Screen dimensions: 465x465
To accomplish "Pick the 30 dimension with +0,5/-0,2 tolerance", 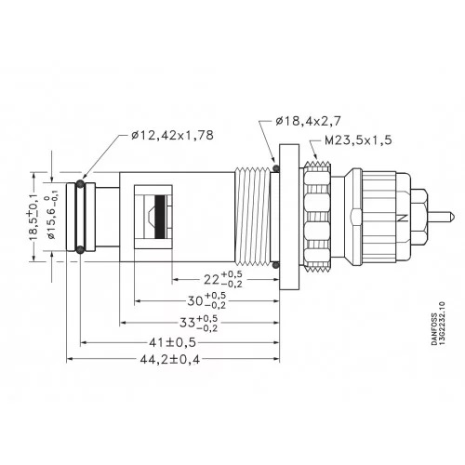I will pyautogui.click(x=197, y=300).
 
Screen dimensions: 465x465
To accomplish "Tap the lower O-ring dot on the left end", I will pyautogui.click(x=81, y=248).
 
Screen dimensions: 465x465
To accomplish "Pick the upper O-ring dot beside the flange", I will pyautogui.click(x=276, y=168).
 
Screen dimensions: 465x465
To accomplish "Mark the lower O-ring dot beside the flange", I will pyautogui.click(x=276, y=267).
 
